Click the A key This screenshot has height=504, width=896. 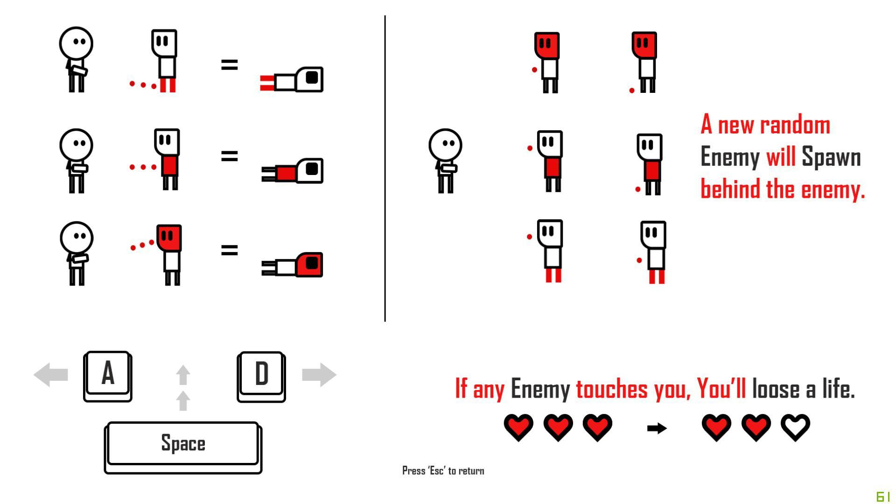107,376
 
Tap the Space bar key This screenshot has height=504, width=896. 183,448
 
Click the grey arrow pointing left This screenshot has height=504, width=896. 51,374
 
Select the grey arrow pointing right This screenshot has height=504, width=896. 319,374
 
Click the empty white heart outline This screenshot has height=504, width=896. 796,427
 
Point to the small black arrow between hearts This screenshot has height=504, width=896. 657,428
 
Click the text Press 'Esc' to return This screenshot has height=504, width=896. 443,470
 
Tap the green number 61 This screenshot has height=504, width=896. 883,497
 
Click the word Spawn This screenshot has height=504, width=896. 831,157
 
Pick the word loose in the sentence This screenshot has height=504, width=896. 775,389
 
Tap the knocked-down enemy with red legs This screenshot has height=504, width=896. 292,80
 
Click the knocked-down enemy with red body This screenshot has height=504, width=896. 292,171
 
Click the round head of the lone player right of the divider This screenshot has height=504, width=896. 445,145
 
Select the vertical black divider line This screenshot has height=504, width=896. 385,168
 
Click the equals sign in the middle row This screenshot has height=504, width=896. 229,156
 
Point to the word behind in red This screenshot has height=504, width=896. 731,189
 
